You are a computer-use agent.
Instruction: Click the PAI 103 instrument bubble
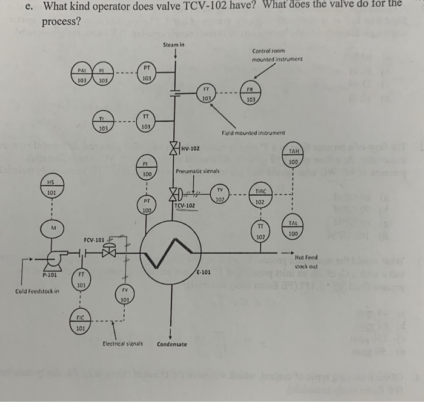tap(82, 75)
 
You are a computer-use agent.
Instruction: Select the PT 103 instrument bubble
tap(146, 73)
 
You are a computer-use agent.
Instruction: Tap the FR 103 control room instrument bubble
tap(248, 95)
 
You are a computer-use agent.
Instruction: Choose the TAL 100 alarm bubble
tap(294, 228)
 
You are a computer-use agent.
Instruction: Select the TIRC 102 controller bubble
tap(259, 196)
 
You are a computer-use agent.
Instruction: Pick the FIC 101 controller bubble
tap(79, 325)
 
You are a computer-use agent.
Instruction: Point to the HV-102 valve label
tap(190, 147)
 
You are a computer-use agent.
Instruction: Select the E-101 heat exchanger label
tap(204, 272)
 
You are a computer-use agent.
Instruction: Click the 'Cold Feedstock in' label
tap(38, 291)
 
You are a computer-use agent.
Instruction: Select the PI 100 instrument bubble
tap(146, 168)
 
